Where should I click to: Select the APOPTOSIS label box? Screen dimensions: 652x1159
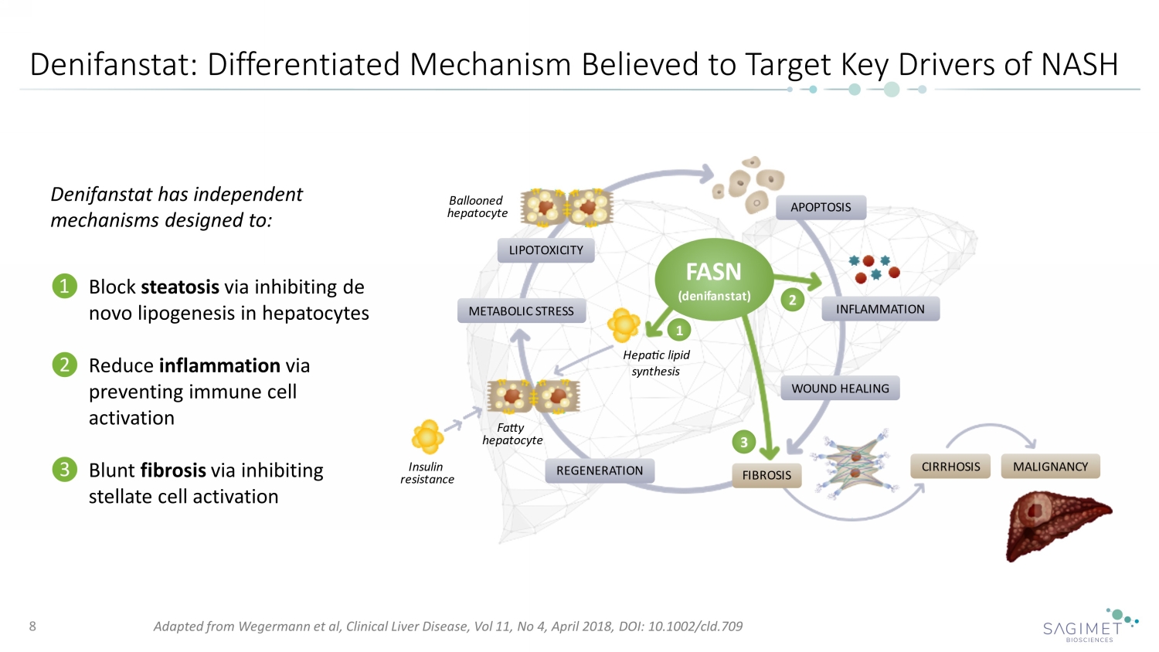click(x=821, y=207)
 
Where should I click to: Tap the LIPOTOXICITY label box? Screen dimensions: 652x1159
click(x=546, y=250)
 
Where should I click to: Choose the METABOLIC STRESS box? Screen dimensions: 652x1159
click(x=522, y=311)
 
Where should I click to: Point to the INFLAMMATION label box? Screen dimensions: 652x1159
click(x=880, y=309)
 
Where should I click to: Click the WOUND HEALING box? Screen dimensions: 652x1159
click(x=840, y=389)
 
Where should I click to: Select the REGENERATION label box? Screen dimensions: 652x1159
click(x=600, y=470)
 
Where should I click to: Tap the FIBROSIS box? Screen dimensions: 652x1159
click(x=766, y=475)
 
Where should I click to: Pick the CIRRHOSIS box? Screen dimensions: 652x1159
click(x=950, y=467)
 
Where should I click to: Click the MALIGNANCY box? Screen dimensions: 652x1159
click(x=1050, y=467)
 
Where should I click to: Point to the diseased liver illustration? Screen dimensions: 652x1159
click(x=1056, y=525)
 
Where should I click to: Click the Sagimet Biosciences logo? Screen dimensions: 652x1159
click(x=1089, y=626)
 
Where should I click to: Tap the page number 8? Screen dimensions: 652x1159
click(x=32, y=626)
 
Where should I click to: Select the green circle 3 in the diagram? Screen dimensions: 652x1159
click(x=743, y=442)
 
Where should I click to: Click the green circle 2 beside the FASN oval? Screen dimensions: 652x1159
click(x=792, y=300)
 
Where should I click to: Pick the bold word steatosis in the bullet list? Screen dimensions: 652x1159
click(x=180, y=287)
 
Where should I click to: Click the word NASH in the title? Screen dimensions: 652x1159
click(x=1079, y=65)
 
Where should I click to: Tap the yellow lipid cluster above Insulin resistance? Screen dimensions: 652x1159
click(x=427, y=436)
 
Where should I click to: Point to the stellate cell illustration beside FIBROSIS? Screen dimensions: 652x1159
click(x=855, y=463)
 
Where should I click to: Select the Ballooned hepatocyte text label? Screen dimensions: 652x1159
click(x=477, y=207)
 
